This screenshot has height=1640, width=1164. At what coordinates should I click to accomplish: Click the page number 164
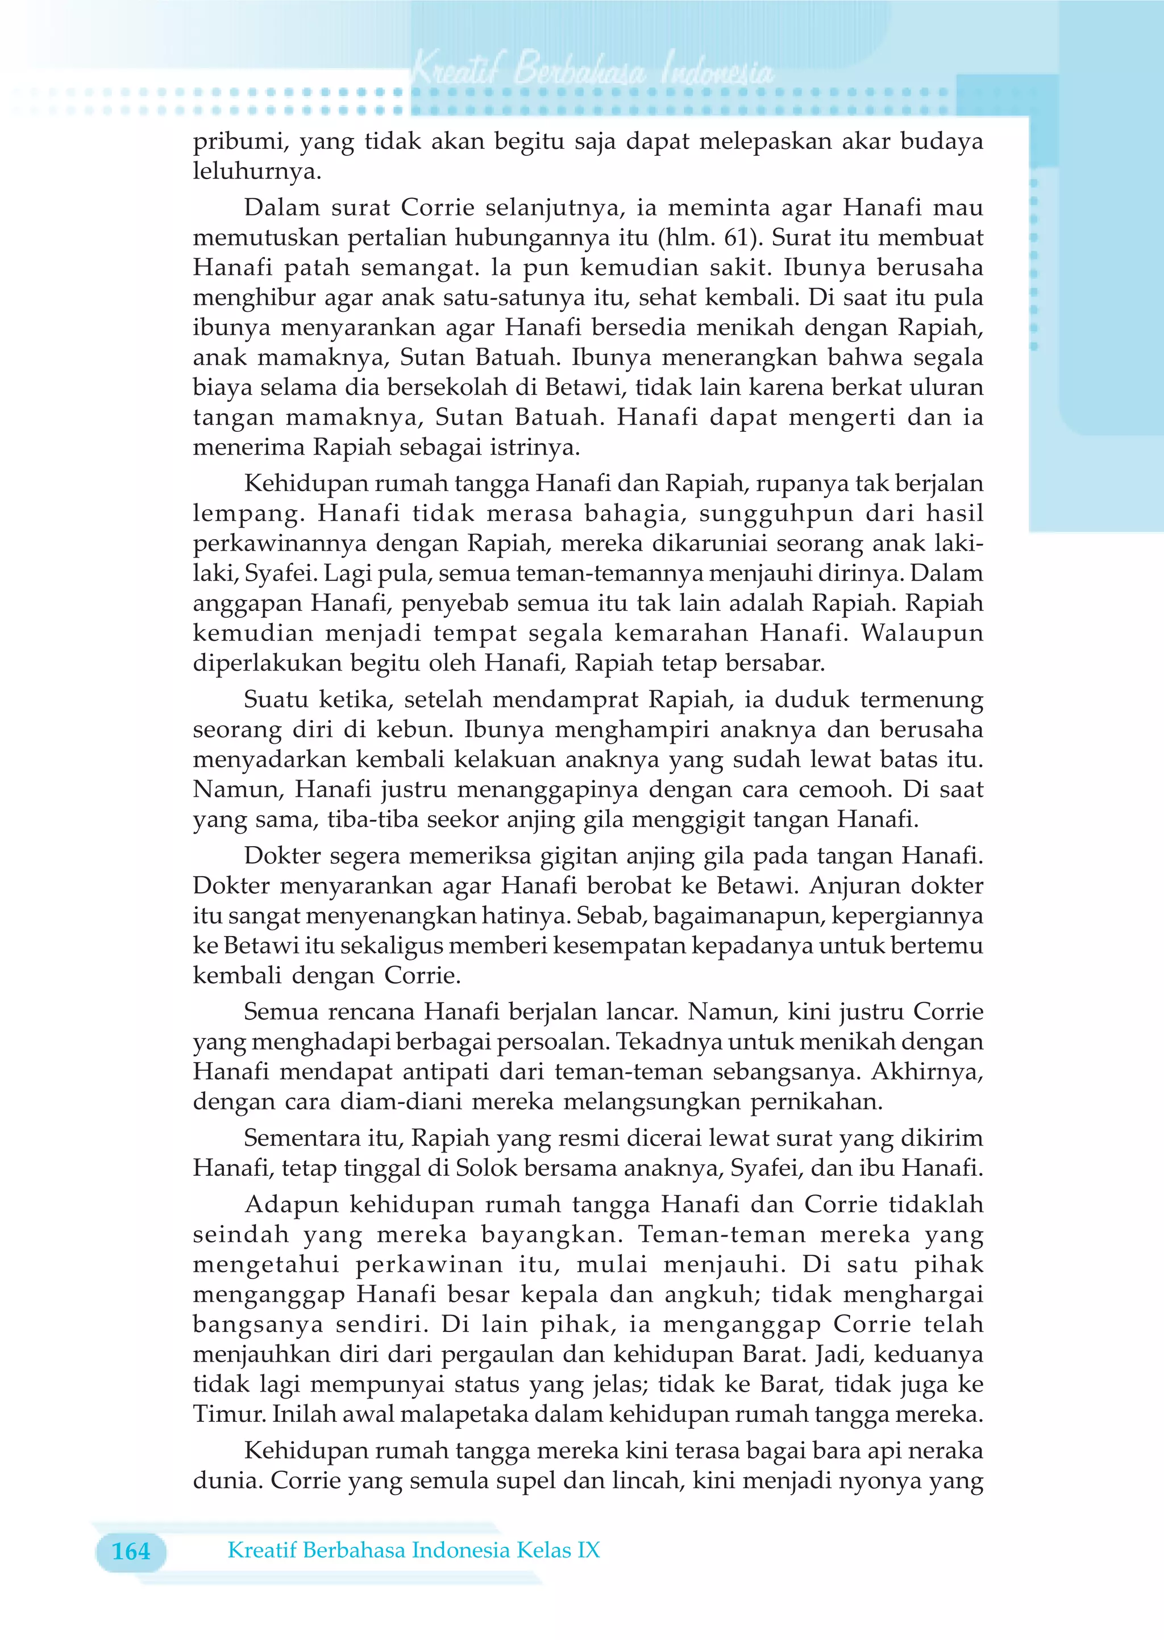(x=131, y=1551)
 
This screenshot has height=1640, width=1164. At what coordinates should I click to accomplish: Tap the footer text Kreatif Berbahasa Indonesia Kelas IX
(x=414, y=1550)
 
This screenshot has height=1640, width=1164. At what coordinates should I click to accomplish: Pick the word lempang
(x=248, y=514)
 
